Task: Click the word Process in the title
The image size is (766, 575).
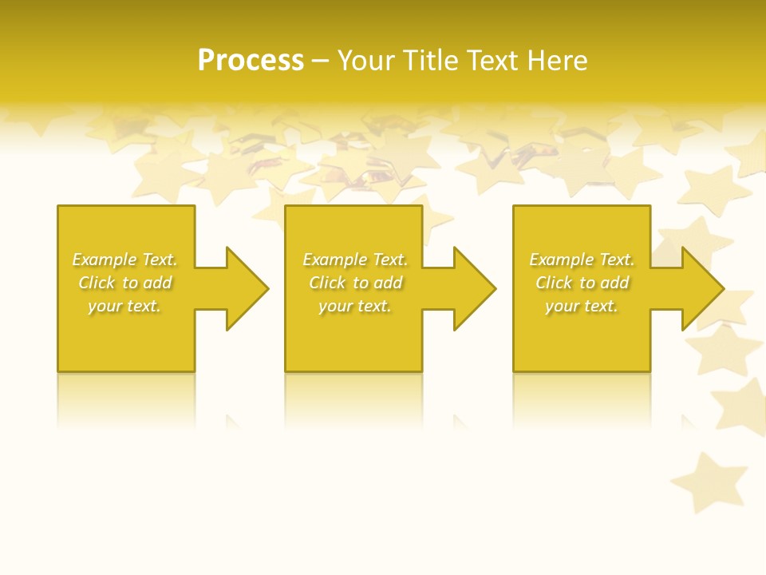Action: pos(251,61)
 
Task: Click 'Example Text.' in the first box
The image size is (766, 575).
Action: pos(124,260)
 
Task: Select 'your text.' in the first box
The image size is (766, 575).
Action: pos(124,306)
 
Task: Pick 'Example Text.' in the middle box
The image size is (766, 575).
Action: pos(355,260)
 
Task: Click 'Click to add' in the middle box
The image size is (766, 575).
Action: pos(355,283)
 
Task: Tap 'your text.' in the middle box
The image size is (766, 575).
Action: pos(355,306)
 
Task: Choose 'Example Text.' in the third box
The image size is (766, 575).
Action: pos(582,260)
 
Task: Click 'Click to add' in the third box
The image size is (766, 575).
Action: pos(582,283)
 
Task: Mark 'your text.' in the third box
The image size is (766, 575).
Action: pos(582,306)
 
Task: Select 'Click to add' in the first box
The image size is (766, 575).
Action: pos(124,283)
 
